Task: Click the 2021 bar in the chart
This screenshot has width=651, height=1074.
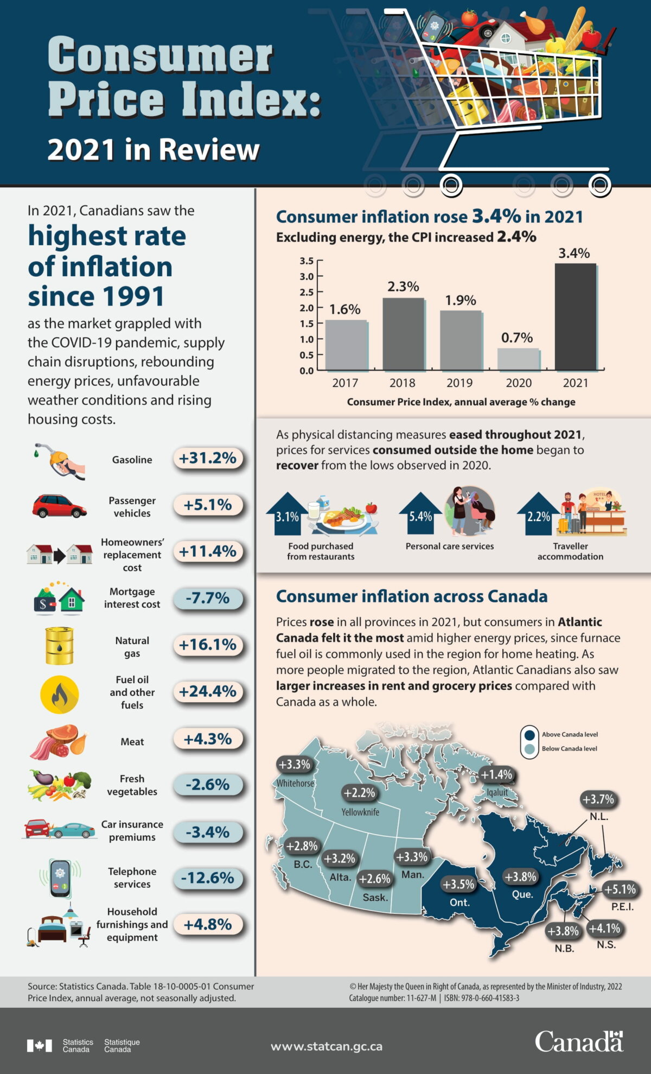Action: [576, 317]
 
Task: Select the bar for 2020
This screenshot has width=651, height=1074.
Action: [518, 359]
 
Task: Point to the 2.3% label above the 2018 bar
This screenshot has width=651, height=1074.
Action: [403, 287]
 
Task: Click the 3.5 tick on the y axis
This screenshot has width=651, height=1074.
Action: [307, 261]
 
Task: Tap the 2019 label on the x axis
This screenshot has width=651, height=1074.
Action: [459, 383]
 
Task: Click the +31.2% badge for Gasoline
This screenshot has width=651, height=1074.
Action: [208, 459]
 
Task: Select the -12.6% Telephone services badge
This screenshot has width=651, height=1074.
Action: [208, 878]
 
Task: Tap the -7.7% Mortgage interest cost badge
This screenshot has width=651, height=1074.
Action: [208, 598]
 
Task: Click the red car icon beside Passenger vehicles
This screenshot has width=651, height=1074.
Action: [59, 506]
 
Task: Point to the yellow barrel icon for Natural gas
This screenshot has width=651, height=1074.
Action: [59, 645]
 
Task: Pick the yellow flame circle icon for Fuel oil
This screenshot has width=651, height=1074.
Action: [59, 694]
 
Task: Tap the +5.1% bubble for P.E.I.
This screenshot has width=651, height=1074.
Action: [620, 889]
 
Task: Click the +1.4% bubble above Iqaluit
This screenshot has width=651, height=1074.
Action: [496, 775]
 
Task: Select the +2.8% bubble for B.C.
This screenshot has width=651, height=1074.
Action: [302, 846]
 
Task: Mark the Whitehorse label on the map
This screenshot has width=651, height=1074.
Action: [295, 783]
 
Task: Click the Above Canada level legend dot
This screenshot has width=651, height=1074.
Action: [529, 735]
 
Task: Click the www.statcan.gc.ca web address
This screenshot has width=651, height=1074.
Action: [327, 1046]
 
